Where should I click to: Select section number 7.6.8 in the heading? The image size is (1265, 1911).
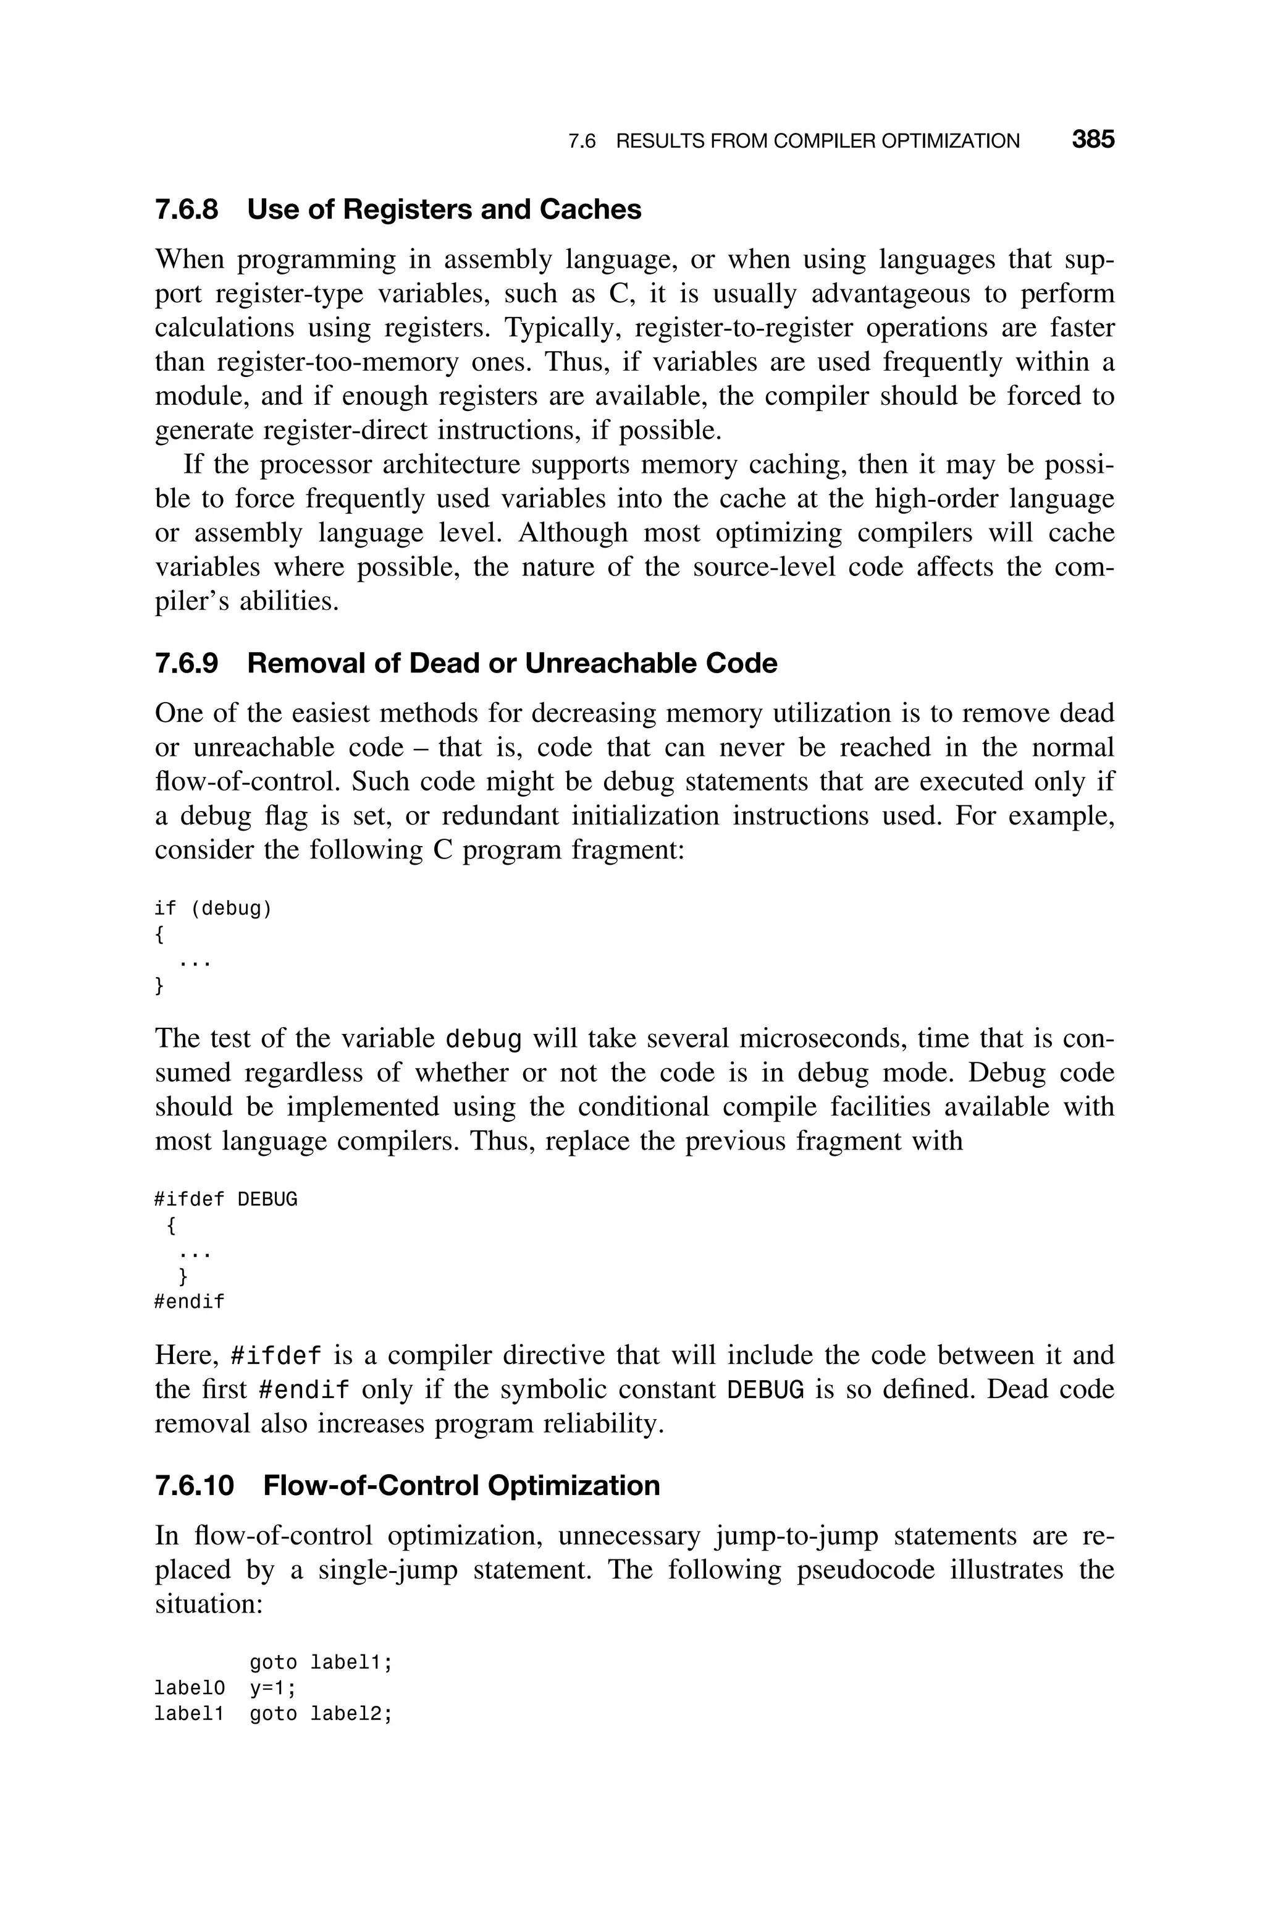(187, 210)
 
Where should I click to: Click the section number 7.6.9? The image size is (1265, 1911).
(187, 663)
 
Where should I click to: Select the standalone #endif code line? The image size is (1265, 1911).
(189, 1302)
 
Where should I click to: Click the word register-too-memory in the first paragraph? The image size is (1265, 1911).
(337, 362)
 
